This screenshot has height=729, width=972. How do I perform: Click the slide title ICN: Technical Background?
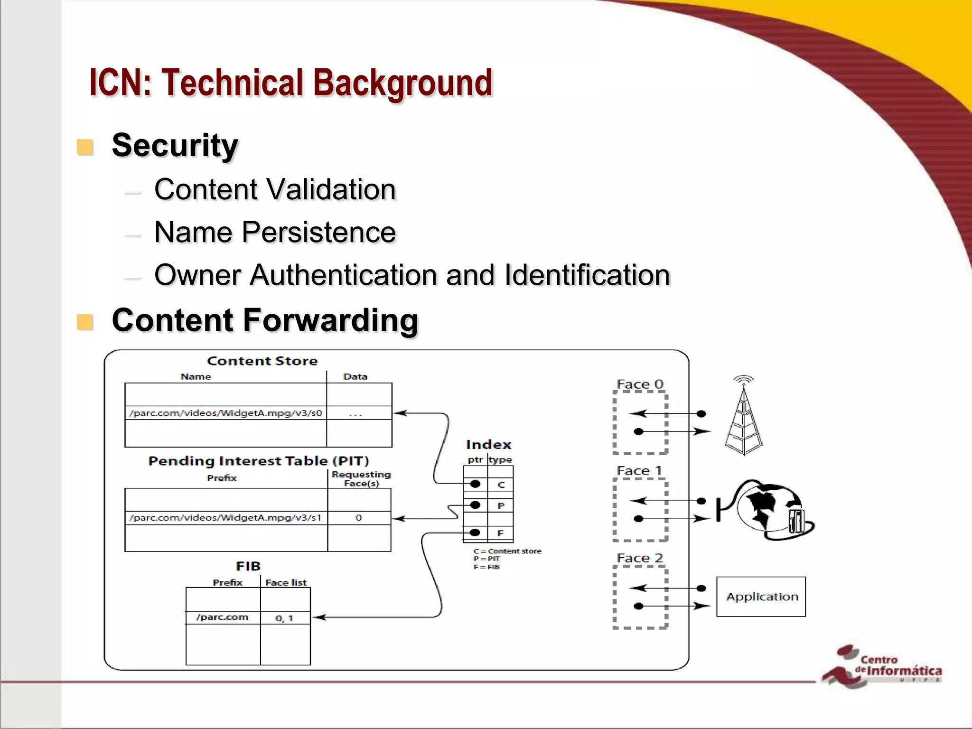[290, 83]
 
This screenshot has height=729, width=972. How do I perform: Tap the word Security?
[175, 145]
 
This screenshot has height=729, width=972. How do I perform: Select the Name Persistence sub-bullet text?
[275, 232]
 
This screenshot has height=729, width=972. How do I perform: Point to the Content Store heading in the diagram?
[262, 361]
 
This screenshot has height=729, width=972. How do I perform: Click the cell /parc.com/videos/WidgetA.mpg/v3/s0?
[226, 413]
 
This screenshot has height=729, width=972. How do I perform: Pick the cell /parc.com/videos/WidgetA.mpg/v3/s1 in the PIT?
[225, 518]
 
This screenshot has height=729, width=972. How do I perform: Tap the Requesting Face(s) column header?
[361, 478]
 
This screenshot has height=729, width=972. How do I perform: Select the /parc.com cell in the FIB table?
[222, 617]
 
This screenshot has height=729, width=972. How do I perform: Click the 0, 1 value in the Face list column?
[285, 618]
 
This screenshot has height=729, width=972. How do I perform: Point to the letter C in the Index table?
[501, 485]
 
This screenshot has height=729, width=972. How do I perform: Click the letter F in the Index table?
[500, 533]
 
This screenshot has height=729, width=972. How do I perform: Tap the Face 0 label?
[639, 384]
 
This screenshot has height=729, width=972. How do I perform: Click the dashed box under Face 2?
[640, 597]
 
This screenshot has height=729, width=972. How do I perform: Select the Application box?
[761, 597]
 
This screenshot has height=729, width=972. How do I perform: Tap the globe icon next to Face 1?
[769, 509]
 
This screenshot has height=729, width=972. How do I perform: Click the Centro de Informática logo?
[883, 666]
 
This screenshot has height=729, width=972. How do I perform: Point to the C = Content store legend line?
[507, 551]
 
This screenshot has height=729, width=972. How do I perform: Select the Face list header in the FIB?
[286, 582]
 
